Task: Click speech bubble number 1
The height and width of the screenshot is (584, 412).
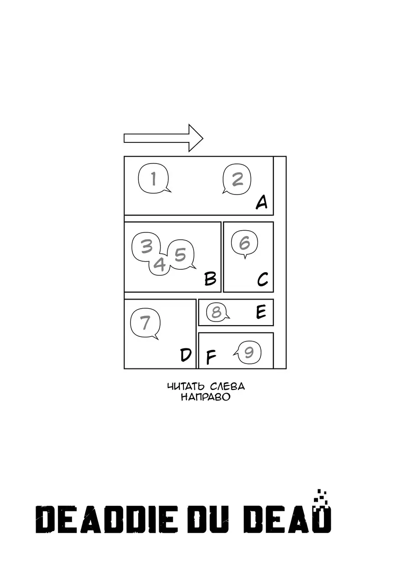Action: tap(153, 179)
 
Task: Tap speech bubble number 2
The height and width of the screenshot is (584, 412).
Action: tap(237, 179)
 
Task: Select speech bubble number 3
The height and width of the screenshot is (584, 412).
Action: tap(146, 247)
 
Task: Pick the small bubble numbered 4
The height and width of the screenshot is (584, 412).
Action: tap(159, 264)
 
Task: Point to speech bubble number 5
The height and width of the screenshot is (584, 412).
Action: tap(181, 255)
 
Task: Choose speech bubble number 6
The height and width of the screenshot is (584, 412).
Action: tap(245, 242)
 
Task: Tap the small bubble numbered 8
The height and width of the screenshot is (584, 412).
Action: tap(217, 312)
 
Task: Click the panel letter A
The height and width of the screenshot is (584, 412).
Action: tap(261, 201)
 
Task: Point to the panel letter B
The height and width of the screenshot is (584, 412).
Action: tap(210, 278)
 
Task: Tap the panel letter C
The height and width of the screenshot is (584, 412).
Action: tap(262, 279)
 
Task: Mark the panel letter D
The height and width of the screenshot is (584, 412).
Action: tap(185, 355)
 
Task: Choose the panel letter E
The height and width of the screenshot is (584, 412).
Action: tap(261, 312)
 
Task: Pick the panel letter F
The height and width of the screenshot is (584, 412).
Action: tap(211, 358)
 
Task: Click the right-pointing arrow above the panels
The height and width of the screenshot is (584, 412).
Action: tap(163, 138)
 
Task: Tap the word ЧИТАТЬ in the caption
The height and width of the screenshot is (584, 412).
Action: tap(185, 387)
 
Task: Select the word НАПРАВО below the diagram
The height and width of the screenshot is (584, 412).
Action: tap(205, 397)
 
